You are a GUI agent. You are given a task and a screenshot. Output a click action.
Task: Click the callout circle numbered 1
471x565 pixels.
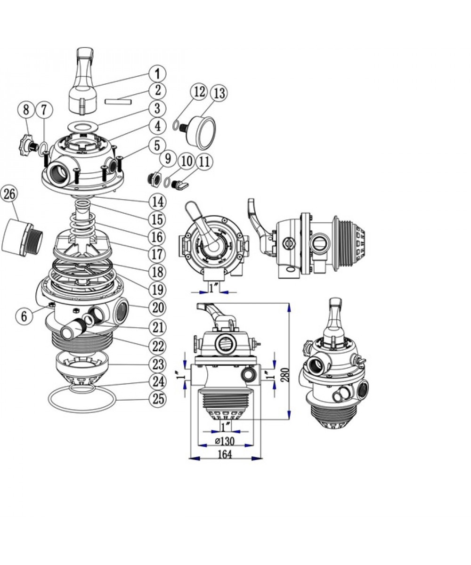tap(157, 73)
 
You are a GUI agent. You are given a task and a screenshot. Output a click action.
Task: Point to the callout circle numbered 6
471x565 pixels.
tap(24, 316)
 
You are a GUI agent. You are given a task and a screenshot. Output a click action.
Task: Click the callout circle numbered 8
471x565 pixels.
tap(26, 110)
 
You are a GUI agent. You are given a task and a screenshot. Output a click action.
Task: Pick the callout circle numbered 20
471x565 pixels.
tap(157, 307)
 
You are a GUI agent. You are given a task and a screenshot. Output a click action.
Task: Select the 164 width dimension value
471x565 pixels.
tap(225, 454)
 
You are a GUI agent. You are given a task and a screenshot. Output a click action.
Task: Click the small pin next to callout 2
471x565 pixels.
tap(118, 102)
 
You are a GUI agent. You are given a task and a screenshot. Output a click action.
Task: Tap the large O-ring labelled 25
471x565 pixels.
tap(82, 399)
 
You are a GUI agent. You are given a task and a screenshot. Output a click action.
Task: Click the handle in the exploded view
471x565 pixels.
tap(83, 81)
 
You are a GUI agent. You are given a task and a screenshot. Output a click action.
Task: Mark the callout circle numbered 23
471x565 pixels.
tap(157, 364)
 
